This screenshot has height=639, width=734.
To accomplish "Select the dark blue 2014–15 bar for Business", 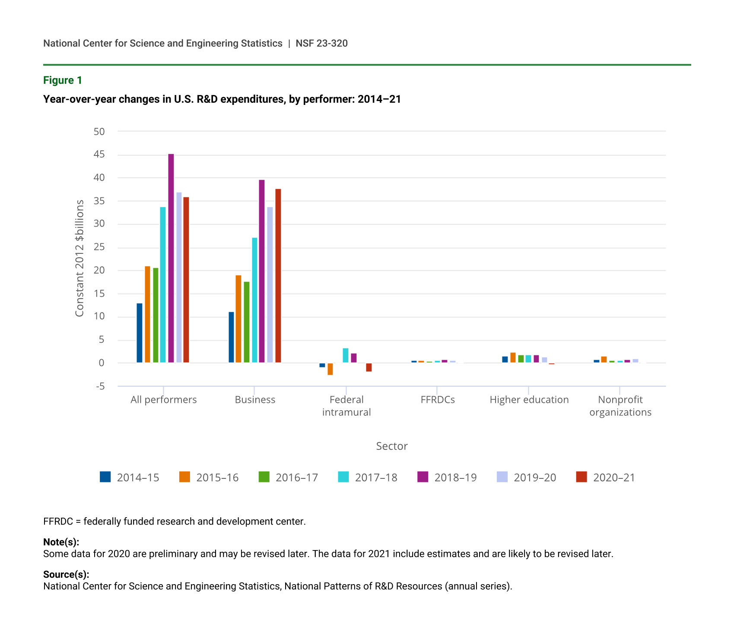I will (231, 337).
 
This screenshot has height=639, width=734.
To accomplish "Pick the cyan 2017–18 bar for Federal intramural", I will (346, 355).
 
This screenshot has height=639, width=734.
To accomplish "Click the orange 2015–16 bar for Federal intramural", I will (330, 369).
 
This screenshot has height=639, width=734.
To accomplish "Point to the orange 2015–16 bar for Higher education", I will (513, 358).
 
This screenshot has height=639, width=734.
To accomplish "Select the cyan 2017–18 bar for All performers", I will (163, 285).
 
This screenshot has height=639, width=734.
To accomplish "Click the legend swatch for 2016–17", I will (264, 477).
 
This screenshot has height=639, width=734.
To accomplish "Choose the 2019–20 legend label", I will (535, 478).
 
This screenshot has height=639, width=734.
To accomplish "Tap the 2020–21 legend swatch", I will (581, 477).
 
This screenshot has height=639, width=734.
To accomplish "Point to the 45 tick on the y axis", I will (99, 155).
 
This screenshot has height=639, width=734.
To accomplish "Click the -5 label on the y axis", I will (100, 386).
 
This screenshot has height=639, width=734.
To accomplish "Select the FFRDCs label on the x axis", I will (438, 400).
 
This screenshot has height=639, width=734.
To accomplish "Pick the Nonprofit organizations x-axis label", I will (620, 406).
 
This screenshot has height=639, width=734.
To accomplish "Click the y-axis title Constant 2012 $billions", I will (79, 258).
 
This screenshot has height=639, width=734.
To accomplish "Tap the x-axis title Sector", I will (392, 446).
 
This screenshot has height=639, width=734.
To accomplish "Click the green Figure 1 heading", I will (63, 80).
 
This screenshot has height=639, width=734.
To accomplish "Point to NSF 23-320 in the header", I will (322, 43).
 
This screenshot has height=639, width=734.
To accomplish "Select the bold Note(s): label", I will (61, 542).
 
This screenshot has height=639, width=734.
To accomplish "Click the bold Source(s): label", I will (66, 575).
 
